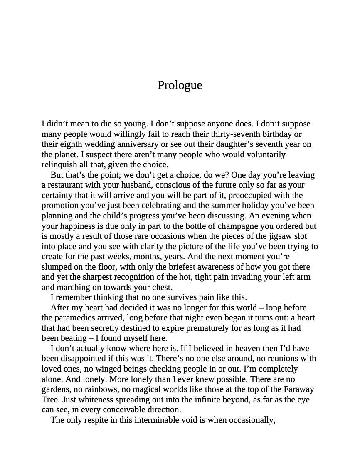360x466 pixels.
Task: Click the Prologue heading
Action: click(x=180, y=85)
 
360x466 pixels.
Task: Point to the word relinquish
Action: click(x=61, y=165)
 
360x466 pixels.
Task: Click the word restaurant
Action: click(x=67, y=185)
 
